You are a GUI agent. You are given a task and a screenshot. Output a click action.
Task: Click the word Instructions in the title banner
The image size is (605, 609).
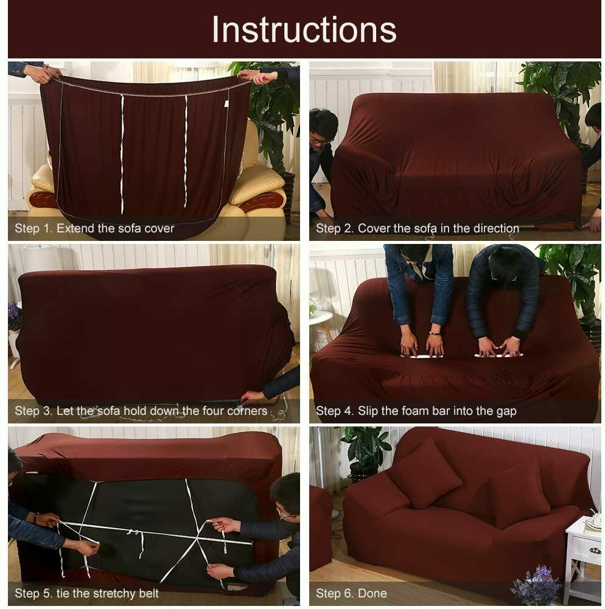click(x=303, y=30)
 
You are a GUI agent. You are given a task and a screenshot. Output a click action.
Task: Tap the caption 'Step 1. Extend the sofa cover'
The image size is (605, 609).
click(x=94, y=229)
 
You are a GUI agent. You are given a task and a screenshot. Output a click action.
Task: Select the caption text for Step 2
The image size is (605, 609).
click(x=417, y=229)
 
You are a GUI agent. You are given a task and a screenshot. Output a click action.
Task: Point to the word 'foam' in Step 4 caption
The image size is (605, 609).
click(x=421, y=411)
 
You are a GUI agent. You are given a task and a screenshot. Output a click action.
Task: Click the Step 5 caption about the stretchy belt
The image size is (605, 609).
click(x=86, y=593)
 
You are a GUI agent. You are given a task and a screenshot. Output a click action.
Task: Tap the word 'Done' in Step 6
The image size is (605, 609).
click(x=372, y=593)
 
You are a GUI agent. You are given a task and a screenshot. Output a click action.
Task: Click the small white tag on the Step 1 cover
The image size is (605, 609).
click(x=225, y=104)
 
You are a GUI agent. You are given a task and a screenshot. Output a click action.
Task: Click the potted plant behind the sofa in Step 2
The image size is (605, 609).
click(x=557, y=91)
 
